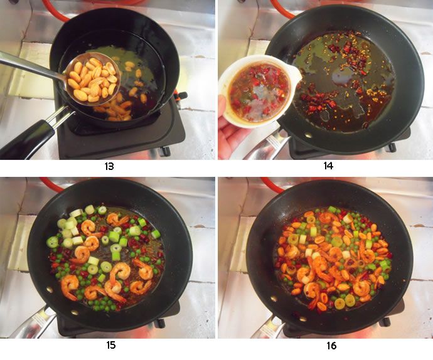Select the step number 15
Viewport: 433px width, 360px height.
[x=109, y=345]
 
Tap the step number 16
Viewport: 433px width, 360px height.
[x=324, y=345]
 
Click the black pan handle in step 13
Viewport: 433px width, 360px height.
[x=28, y=138]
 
